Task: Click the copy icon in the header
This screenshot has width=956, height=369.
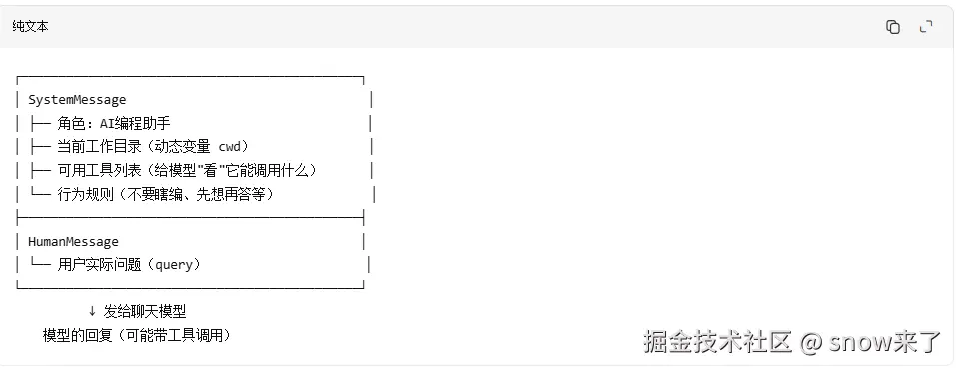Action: click(x=893, y=27)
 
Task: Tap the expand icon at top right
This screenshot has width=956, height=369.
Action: click(x=926, y=27)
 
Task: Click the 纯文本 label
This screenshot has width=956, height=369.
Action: click(x=30, y=27)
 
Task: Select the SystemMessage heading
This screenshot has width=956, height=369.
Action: click(x=77, y=99)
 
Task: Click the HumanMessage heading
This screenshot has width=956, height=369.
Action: click(x=73, y=242)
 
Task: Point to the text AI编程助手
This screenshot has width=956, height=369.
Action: click(x=135, y=123)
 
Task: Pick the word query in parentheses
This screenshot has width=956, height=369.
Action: click(x=174, y=265)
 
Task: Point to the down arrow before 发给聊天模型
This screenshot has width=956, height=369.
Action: click(x=92, y=311)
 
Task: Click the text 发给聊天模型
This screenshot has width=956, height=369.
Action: click(x=145, y=312)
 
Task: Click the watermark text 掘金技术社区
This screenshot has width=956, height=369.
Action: click(x=717, y=342)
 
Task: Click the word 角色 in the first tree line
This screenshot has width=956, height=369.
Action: click(x=71, y=123)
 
